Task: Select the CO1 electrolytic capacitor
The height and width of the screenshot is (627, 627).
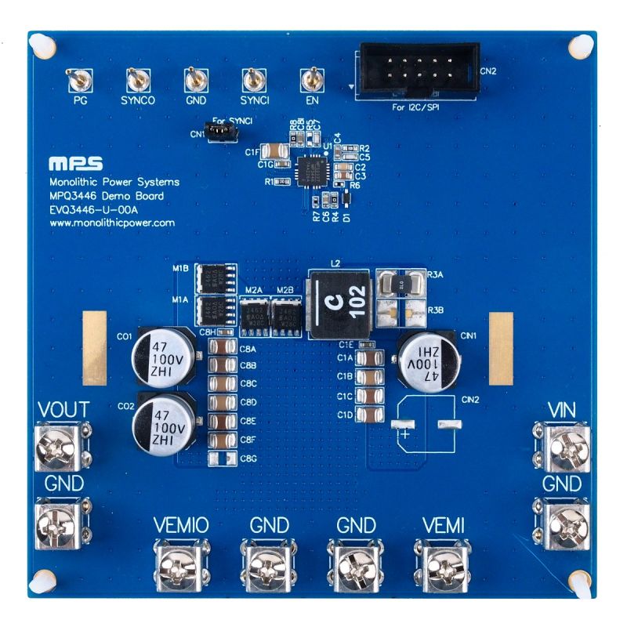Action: point(165,353)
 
